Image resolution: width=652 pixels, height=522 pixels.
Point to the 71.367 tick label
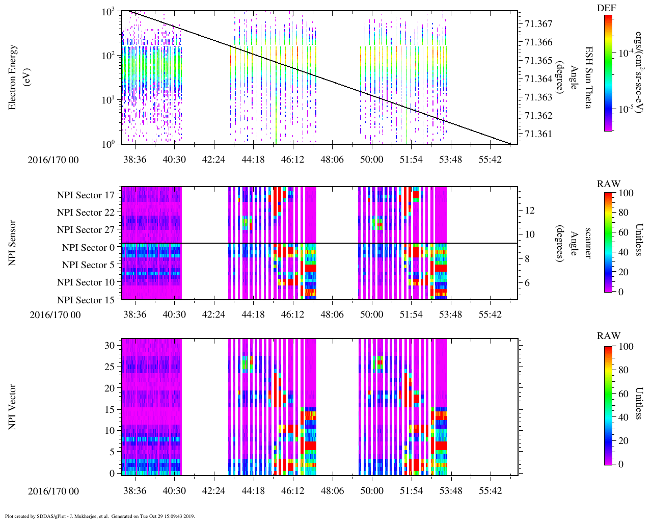tap(538, 24)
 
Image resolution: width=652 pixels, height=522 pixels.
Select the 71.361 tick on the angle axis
tap(538, 134)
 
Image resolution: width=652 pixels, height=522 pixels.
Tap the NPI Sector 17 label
tap(86, 195)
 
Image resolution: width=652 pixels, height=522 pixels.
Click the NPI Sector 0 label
tap(88, 248)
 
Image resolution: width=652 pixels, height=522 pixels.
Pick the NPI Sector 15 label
tap(86, 300)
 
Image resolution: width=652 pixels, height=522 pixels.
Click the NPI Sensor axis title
tap(12, 243)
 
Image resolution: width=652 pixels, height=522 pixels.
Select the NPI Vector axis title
tap(12, 407)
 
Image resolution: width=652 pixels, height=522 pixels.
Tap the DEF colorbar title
tap(607, 8)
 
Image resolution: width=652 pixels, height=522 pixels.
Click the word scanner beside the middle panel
tap(588, 243)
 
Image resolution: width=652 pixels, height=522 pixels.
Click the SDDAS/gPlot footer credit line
tap(100, 516)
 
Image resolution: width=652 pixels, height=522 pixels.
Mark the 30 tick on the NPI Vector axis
tap(110, 345)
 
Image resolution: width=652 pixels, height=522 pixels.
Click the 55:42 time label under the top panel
tap(490, 160)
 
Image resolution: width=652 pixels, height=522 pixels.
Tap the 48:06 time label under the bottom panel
tap(332, 491)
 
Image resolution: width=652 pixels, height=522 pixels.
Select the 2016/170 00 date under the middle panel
tap(55, 315)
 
